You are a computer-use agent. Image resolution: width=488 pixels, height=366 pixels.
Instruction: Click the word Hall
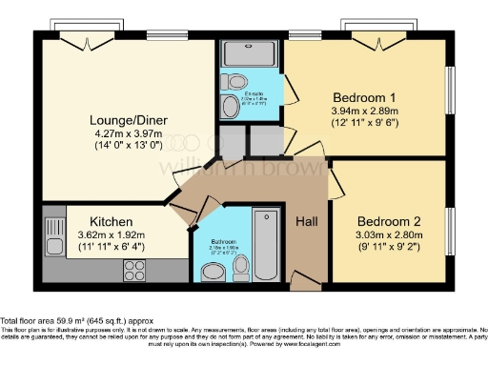click(307, 220)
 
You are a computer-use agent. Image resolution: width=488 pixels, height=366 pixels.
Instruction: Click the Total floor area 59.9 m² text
click(76, 321)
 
